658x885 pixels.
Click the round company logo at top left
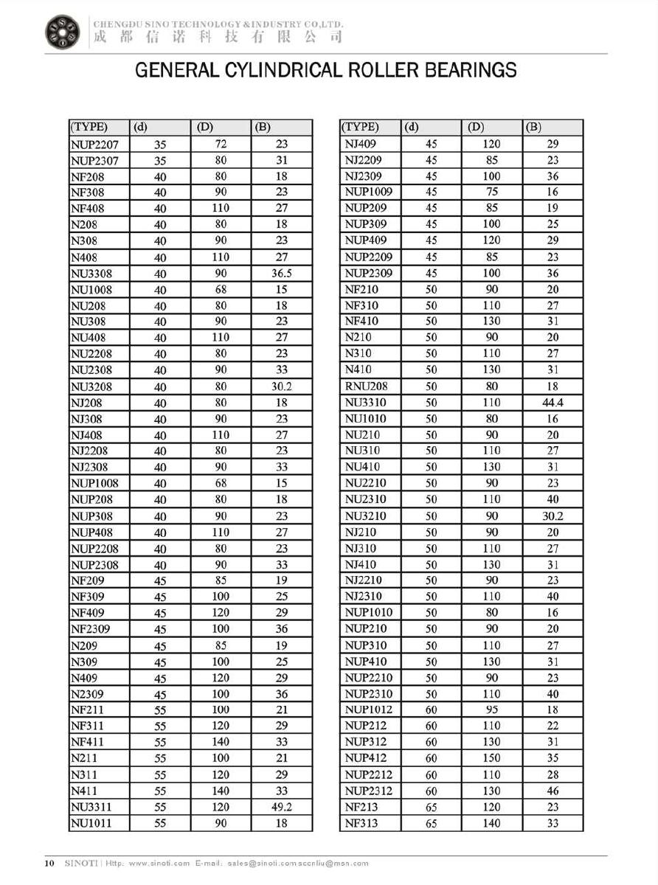[x=63, y=32]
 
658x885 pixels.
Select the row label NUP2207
[x=94, y=145]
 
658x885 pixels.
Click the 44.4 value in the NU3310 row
[x=553, y=403]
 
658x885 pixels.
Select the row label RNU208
[x=366, y=386]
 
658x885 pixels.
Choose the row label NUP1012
[x=369, y=709]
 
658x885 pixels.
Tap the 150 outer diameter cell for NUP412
[x=491, y=758]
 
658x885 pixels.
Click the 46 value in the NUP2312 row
[x=553, y=791]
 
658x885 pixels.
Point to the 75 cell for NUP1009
[x=491, y=192]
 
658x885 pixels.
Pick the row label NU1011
[x=91, y=823]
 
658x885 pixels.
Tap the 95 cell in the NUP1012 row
[x=491, y=709]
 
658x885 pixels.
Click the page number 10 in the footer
[x=49, y=863]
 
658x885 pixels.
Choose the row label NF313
[x=361, y=823]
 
